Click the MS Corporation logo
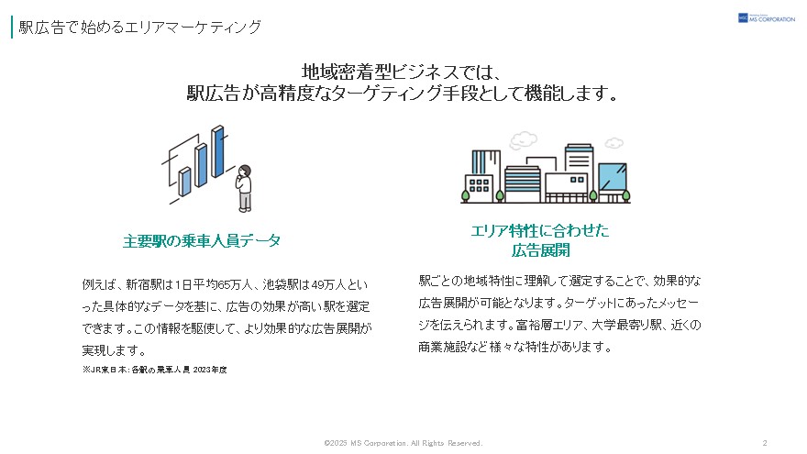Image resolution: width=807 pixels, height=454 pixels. point(767,18)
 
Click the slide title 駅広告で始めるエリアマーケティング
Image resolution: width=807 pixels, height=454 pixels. point(140,27)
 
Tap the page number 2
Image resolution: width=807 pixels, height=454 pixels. point(765,443)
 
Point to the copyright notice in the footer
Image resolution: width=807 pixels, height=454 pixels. point(403,443)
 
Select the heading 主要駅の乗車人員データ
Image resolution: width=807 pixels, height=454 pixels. point(201,240)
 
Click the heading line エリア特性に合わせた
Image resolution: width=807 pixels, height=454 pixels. point(539,230)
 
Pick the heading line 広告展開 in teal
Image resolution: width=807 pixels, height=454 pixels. point(540,250)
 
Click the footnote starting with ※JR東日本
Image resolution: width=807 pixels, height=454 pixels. point(154,370)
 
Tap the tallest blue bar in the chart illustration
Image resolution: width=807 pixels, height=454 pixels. point(218,151)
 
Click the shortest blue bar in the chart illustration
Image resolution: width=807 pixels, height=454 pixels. point(184,182)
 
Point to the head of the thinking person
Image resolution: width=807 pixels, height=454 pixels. point(245,171)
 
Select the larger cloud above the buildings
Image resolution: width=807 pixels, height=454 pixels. point(523,140)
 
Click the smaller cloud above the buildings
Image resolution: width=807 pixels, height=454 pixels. point(614,142)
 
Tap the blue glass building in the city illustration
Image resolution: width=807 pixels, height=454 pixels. point(613,177)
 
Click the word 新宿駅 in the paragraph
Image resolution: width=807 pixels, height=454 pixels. point(142,284)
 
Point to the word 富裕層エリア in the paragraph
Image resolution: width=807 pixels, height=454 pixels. point(549,326)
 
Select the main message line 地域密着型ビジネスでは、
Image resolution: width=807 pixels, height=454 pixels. point(402,72)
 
